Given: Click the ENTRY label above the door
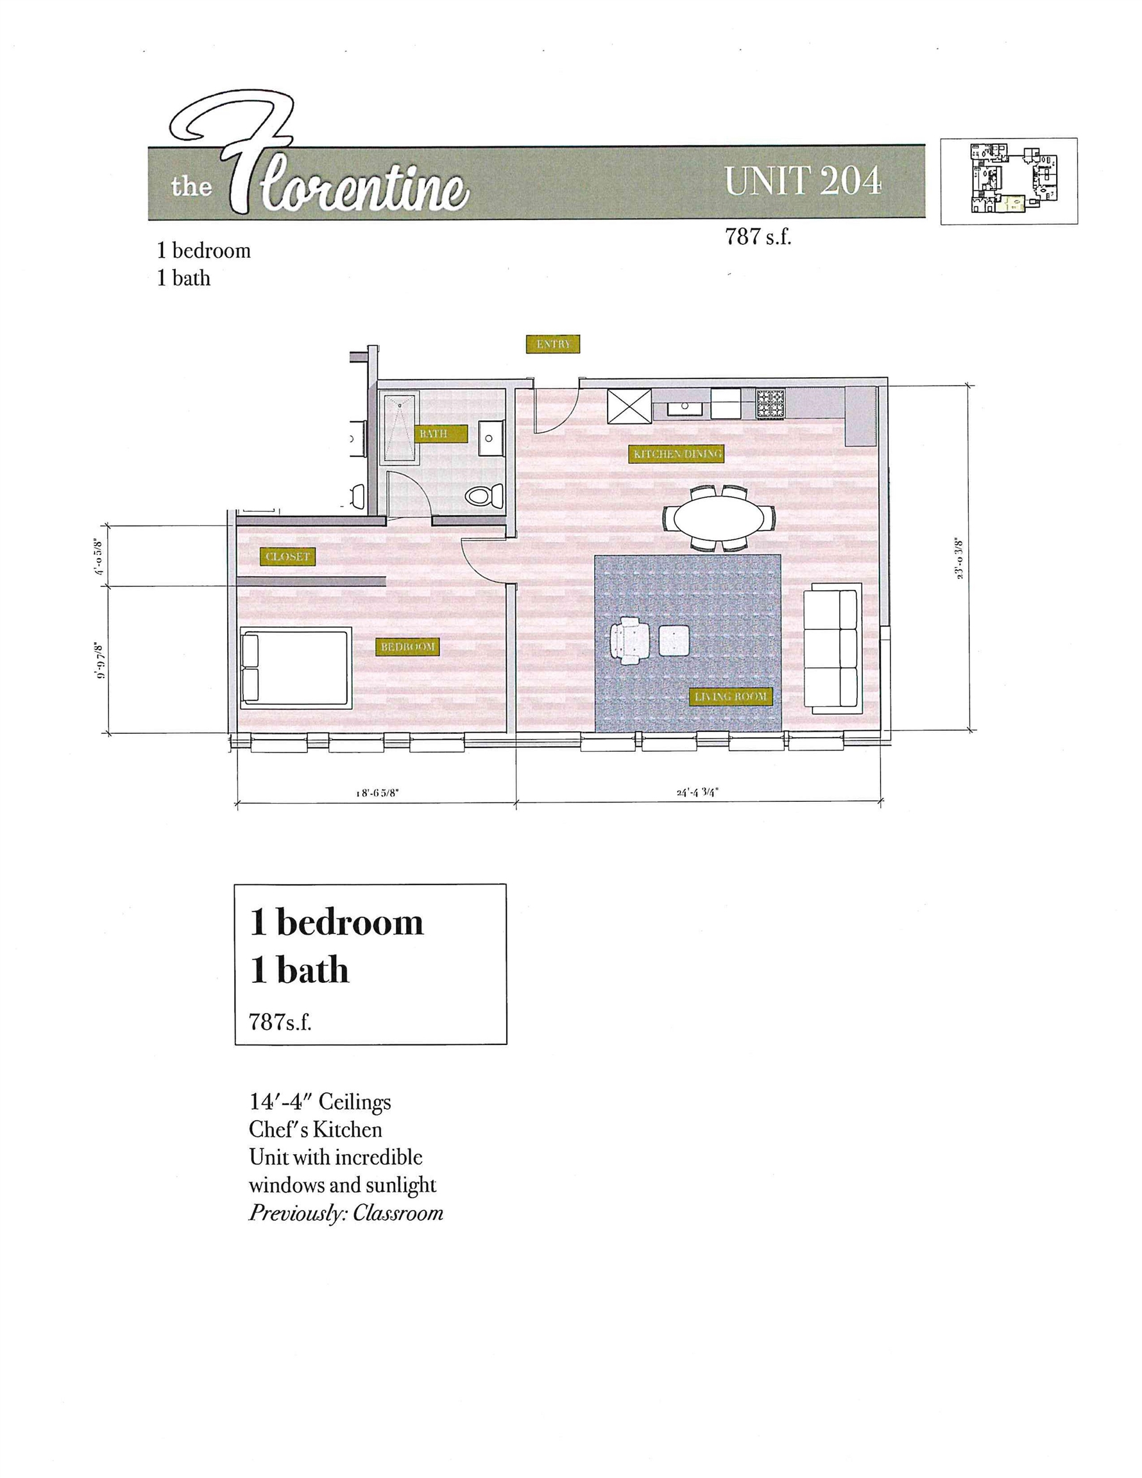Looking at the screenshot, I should tap(552, 344).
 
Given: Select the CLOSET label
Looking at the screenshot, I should tap(287, 557).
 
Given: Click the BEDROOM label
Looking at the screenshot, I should tap(407, 647).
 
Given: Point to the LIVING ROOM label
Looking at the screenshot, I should tap(730, 697).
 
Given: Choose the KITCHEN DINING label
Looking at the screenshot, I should tap(677, 454).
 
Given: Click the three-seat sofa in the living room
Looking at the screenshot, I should tap(830, 651).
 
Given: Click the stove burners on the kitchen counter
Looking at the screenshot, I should tap(771, 404).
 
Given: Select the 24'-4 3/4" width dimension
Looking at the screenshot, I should tap(697, 792).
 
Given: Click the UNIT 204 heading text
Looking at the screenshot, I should tap(803, 182).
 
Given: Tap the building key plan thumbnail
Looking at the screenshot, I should tap(1009, 181).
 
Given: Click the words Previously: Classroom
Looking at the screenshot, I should tap(346, 1231).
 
